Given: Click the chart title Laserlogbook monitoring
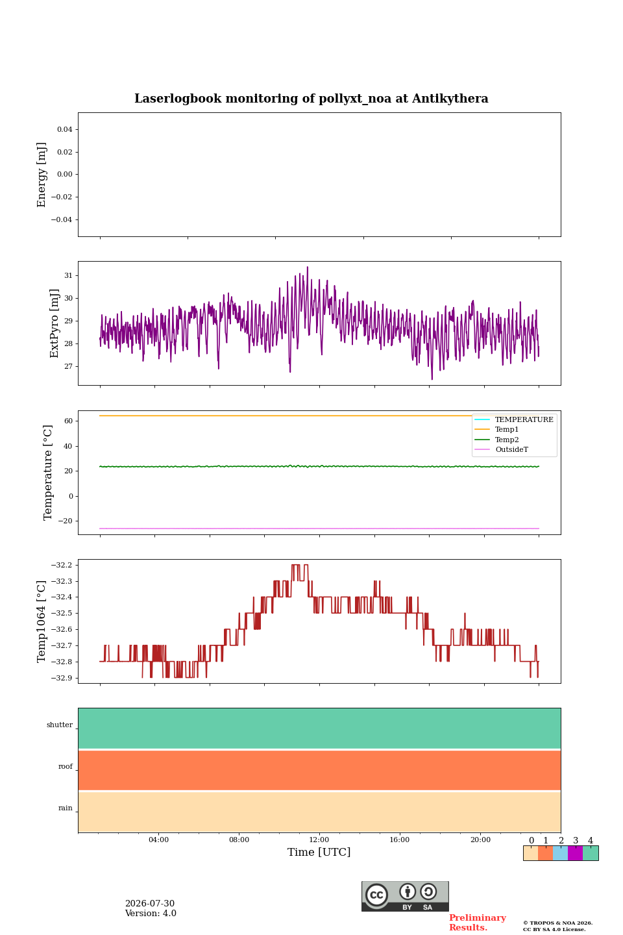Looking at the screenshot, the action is pos(311,99).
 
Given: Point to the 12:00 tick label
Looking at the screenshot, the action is pos(319,840).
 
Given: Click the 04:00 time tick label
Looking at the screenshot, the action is pos(158,840).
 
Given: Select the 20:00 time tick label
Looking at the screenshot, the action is pos(481,840).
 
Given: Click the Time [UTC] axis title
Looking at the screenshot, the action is pos(319,852).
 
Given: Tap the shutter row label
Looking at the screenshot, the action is pos(60,725).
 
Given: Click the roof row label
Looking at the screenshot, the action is pos(66,766).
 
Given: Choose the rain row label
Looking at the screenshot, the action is pos(66,808).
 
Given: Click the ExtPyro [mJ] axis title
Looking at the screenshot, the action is pos(55,323).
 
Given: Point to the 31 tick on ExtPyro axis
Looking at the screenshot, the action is pos(68,275).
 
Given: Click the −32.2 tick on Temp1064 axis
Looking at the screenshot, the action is pos(62,565).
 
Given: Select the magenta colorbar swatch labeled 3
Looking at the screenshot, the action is pos(576,853).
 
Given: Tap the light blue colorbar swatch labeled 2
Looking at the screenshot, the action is pos(561,853).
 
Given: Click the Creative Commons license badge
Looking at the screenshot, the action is pos(405,896).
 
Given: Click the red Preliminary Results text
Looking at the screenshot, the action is pos(478,923).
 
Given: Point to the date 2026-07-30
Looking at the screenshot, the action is pos(150,903).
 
